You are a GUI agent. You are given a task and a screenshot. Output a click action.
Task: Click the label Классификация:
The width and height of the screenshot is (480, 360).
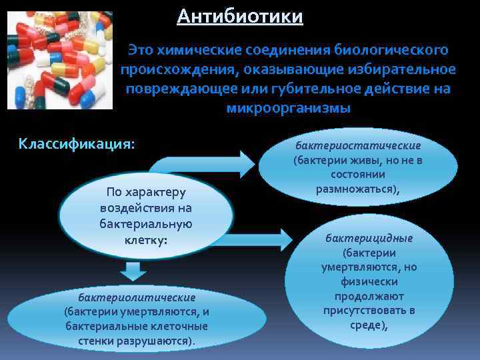(x=77, y=143)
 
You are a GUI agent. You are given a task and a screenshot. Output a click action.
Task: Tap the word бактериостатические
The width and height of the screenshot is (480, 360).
(x=358, y=145)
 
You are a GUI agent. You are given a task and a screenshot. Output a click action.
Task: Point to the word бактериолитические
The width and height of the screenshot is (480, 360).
(x=137, y=297)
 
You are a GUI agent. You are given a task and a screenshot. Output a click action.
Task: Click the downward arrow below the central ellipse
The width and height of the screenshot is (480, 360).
(x=133, y=271)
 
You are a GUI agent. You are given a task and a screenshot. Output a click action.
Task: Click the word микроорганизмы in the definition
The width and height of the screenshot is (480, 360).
(x=288, y=107)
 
